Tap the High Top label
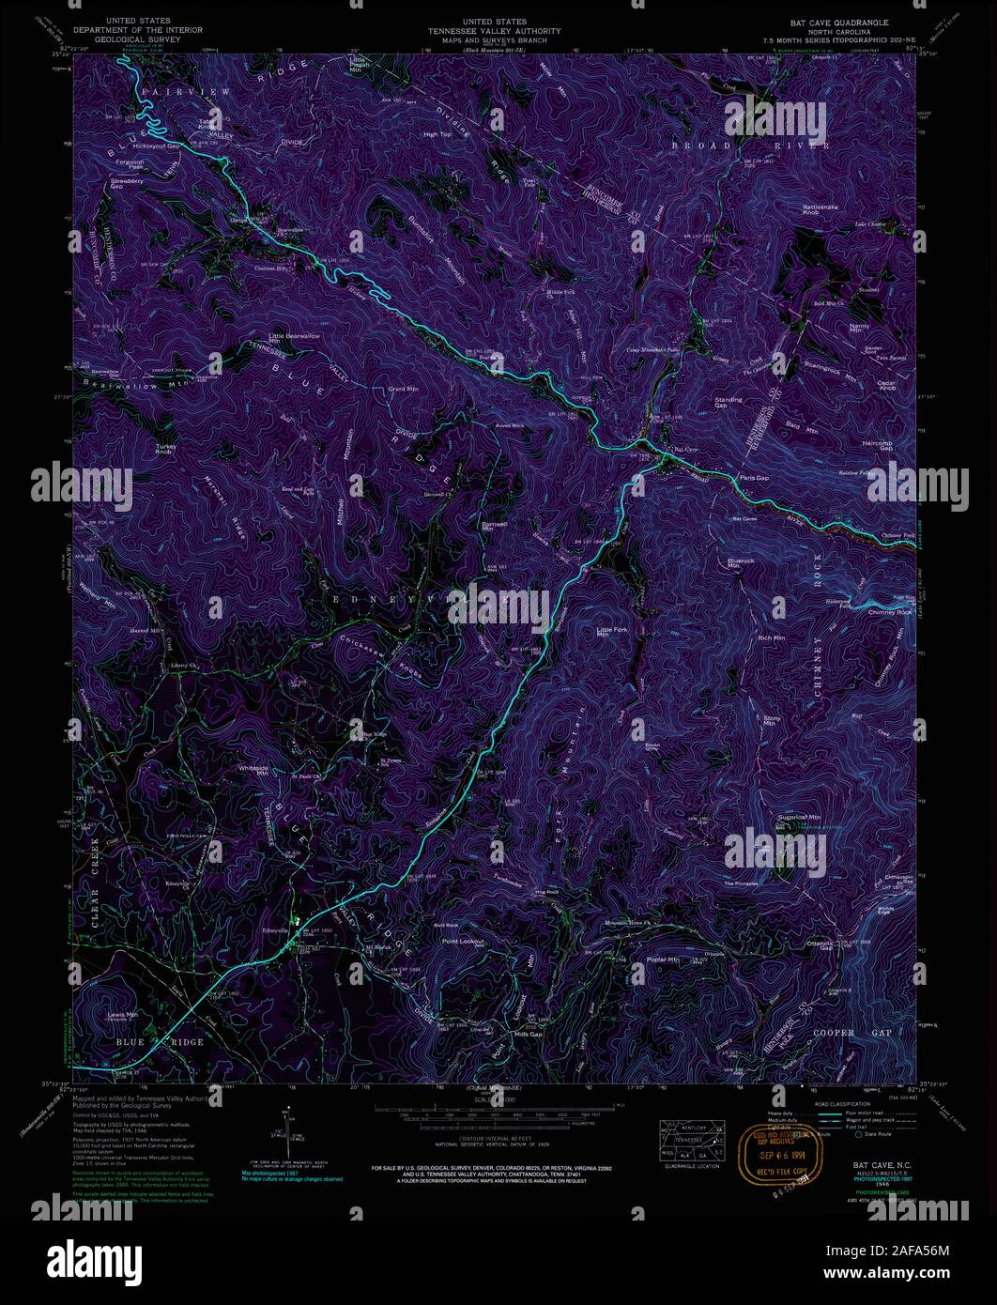[x=437, y=134]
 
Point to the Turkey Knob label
[x=166, y=450]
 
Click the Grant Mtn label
[x=403, y=388]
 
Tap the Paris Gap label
[x=754, y=478]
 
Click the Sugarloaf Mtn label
[x=799, y=818]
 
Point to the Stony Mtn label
[x=769, y=720]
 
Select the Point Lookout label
[x=463, y=941]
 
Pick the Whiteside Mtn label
[x=255, y=769]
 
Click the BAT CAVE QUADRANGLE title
[x=838, y=21]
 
